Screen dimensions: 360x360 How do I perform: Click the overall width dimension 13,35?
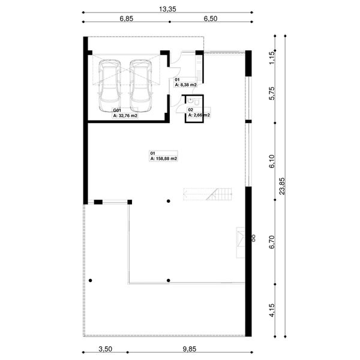click(x=167, y=10)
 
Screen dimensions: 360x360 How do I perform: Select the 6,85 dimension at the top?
click(x=125, y=19)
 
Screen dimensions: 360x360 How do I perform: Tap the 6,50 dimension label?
click(x=210, y=19)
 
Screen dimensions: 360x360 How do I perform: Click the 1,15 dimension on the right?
click(x=271, y=58)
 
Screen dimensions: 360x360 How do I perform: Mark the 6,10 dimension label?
click(x=271, y=161)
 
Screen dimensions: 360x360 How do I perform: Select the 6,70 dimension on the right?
click(x=271, y=241)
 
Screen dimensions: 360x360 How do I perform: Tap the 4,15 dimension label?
click(x=271, y=310)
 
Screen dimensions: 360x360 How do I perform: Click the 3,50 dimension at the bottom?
click(x=105, y=349)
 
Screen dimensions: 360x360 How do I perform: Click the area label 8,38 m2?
click(x=185, y=85)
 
